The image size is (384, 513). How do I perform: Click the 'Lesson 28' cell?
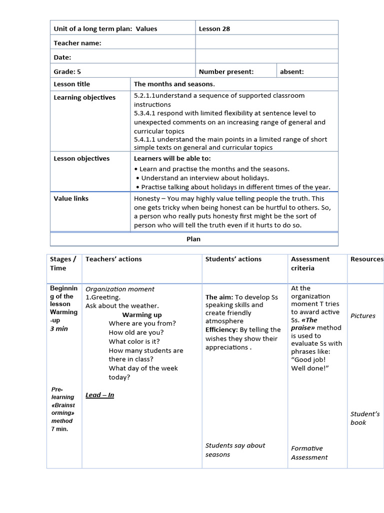point(214,29)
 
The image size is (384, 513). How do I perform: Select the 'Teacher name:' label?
point(77,43)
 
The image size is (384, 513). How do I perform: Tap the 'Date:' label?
point(62,58)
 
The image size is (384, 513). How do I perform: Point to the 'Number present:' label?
point(226,72)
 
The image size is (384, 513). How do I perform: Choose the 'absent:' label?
point(291,72)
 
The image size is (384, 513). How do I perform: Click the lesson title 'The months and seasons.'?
point(174,84)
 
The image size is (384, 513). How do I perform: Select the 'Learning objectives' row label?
point(84,97)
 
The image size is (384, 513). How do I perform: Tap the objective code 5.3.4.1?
point(144,113)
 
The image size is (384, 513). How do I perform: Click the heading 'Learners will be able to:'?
point(172,158)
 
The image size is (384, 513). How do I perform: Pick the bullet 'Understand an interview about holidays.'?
point(204,178)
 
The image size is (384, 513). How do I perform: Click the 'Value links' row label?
point(71,198)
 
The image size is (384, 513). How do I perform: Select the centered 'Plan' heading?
point(193,239)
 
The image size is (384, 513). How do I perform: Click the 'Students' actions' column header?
point(233,259)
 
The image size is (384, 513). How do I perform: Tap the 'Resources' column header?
point(366,259)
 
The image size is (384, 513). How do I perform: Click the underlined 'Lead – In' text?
point(99,395)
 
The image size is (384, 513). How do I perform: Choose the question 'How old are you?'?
point(136,332)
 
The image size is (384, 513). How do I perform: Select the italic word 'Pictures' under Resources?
point(362,316)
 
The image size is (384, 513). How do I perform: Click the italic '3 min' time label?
point(58,329)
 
